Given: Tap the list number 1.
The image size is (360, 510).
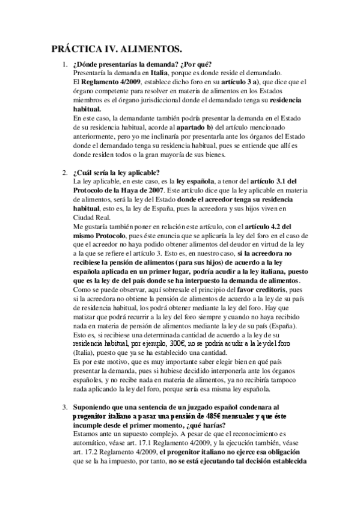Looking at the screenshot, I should (x=64, y=64).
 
